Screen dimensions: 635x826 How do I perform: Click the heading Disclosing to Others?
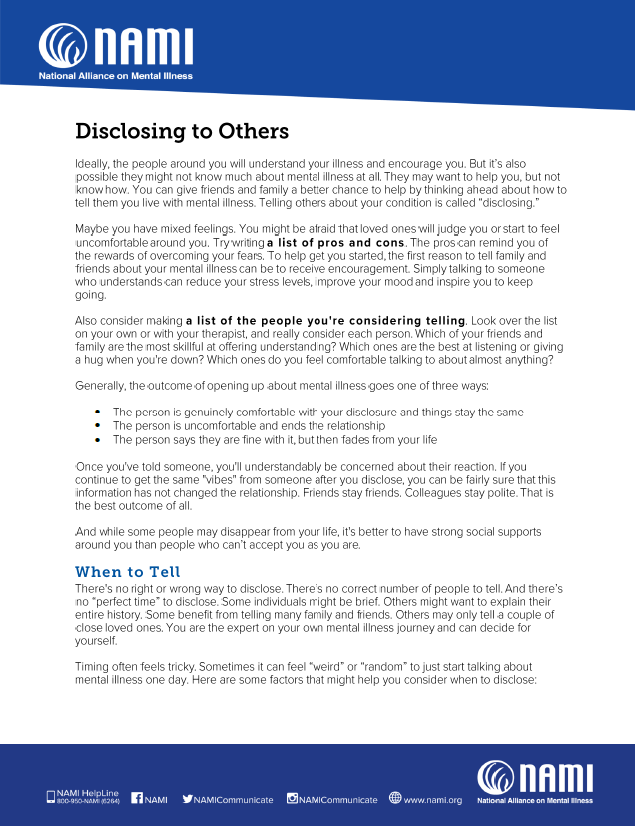182,131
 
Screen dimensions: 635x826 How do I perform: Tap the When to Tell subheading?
128,571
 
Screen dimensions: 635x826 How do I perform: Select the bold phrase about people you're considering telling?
325,320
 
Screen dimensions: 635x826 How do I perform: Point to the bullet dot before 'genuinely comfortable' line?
97,412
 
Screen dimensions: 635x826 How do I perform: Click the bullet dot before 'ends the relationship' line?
97,425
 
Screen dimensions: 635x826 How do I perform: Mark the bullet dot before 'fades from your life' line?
97,439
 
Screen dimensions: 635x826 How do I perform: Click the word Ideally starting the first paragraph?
95,162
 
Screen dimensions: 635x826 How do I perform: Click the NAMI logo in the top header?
115,48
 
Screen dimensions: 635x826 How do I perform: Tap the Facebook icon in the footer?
137,798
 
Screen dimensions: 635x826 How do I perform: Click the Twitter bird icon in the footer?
187,798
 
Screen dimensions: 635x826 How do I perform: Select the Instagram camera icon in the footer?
293,798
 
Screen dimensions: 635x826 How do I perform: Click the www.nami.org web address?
432,799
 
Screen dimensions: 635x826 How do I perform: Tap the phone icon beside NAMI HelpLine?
51,797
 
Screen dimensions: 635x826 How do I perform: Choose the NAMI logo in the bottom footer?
535,781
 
